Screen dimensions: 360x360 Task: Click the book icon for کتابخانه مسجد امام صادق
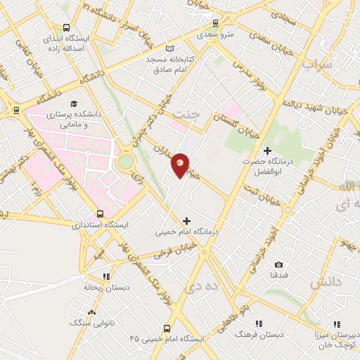tap(168, 49)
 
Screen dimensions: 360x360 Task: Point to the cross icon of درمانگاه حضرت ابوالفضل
tap(267, 150)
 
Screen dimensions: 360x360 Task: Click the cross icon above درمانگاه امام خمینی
tap(186, 220)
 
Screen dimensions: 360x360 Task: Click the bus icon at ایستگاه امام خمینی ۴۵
tap(166, 328)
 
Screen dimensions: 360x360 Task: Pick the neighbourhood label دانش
tap(325, 281)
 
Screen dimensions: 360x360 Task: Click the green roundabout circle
tap(127, 162)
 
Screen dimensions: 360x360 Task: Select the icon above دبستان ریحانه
tap(106, 276)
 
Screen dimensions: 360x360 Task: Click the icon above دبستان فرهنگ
tap(259, 323)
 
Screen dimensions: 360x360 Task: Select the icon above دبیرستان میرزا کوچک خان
tap(337, 323)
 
